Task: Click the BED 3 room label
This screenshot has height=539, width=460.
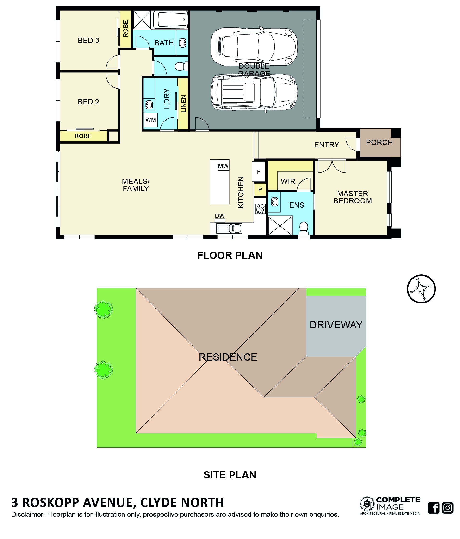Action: coord(88,41)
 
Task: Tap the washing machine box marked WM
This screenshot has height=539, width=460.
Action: coord(150,120)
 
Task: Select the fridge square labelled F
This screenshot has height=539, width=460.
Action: coord(259,171)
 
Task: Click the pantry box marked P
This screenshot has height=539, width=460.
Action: coord(260,190)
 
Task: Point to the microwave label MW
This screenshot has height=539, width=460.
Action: coord(223,166)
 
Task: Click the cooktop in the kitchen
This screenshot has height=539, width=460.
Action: coord(260,209)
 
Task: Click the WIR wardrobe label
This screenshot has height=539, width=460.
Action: coord(288,181)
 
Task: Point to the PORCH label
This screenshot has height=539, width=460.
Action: coord(379,143)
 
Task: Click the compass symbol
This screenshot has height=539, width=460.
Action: coord(421,289)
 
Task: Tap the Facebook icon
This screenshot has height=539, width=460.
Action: coord(434,508)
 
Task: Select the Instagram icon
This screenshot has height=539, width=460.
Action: coord(448,508)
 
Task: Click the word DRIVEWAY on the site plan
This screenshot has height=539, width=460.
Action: coord(336,325)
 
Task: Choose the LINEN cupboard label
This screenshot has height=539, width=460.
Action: coord(183,104)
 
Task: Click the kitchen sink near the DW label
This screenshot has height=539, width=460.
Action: coord(229,228)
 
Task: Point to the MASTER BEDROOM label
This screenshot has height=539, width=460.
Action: coord(353,197)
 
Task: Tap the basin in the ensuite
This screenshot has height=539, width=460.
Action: coord(274,202)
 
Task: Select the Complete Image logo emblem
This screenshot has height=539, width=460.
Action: coord(367,504)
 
